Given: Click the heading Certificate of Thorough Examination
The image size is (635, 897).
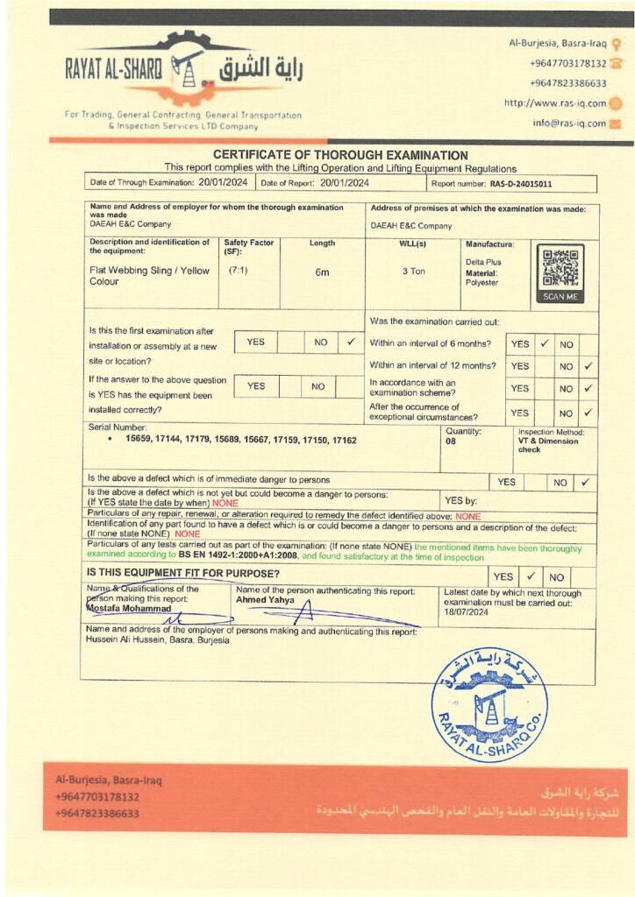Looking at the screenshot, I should [340, 155].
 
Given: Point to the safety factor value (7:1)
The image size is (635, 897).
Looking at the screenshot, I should [238, 271].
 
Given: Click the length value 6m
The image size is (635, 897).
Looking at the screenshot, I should [322, 272].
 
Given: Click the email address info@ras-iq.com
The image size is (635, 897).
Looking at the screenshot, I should [569, 124].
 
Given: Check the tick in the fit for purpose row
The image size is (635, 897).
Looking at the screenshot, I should [531, 577].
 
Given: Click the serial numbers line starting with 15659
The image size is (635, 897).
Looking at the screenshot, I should [240, 440].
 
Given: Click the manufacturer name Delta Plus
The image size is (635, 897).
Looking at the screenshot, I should [482, 262].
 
